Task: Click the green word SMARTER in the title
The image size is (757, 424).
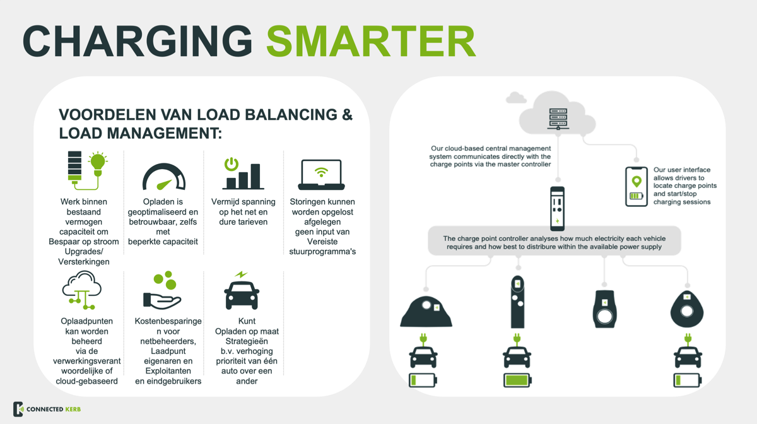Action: [371, 41]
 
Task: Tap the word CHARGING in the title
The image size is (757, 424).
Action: [138, 41]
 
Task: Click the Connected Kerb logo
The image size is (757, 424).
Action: [47, 409]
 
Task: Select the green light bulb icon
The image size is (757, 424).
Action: [98, 164]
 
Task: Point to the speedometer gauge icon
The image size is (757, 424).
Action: [164, 177]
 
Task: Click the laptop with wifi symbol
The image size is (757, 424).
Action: [321, 175]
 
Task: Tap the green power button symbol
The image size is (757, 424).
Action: [232, 164]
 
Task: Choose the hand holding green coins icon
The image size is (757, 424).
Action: [163, 290]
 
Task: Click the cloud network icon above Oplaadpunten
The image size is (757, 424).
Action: [82, 290]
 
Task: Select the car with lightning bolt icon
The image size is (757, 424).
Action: [242, 290]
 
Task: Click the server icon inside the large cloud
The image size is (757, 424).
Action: [558, 119]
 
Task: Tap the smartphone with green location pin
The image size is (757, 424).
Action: [637, 186]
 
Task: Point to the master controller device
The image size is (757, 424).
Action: [557, 208]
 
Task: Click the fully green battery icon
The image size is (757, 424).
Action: [517, 380]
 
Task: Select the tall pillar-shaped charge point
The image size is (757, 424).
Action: [517, 302]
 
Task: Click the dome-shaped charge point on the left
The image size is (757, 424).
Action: [426, 312]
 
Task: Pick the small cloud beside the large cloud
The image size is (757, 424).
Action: [516, 97]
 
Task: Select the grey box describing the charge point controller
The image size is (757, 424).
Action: [555, 241]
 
